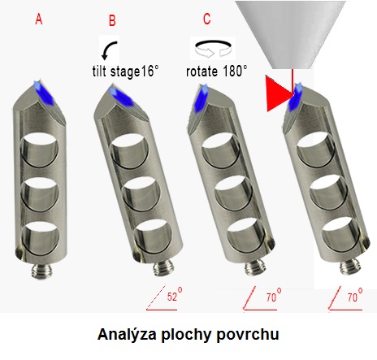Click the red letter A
(39, 20)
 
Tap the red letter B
(112, 20)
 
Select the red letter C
(206, 19)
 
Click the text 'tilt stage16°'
(125, 72)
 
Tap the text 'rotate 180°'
(217, 72)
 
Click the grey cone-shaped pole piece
(290, 35)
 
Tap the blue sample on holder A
(44, 93)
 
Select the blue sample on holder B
(121, 96)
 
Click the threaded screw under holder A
(42, 271)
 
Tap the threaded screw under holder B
(162, 267)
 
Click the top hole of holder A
(40, 150)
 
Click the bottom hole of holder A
(40, 238)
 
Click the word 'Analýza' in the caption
(127, 335)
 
